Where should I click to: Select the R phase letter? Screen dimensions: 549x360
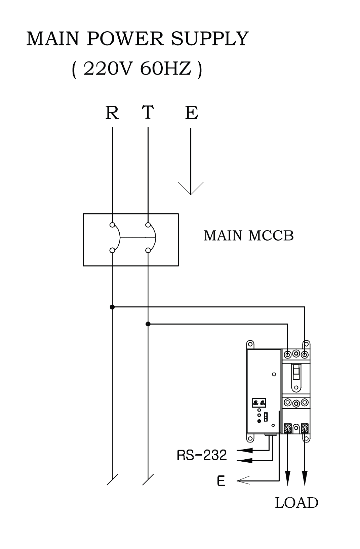[112, 113]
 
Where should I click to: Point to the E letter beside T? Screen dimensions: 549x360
[192, 113]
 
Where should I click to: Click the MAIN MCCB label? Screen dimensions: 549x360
[248, 236]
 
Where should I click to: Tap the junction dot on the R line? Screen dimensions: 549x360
[112, 307]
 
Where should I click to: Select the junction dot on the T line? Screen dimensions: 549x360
[148, 324]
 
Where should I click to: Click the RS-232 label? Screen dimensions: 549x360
[202, 456]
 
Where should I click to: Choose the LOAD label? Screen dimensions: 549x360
[296, 503]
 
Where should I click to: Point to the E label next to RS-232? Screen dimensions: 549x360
[221, 481]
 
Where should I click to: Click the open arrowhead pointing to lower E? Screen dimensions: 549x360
[243, 481]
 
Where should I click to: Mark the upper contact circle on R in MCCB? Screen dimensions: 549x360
[112, 225]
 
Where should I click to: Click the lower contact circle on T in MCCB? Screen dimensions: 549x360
[148, 250]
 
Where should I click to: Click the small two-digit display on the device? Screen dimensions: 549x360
[259, 402]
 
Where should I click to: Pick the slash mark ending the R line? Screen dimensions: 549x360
[112, 479]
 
